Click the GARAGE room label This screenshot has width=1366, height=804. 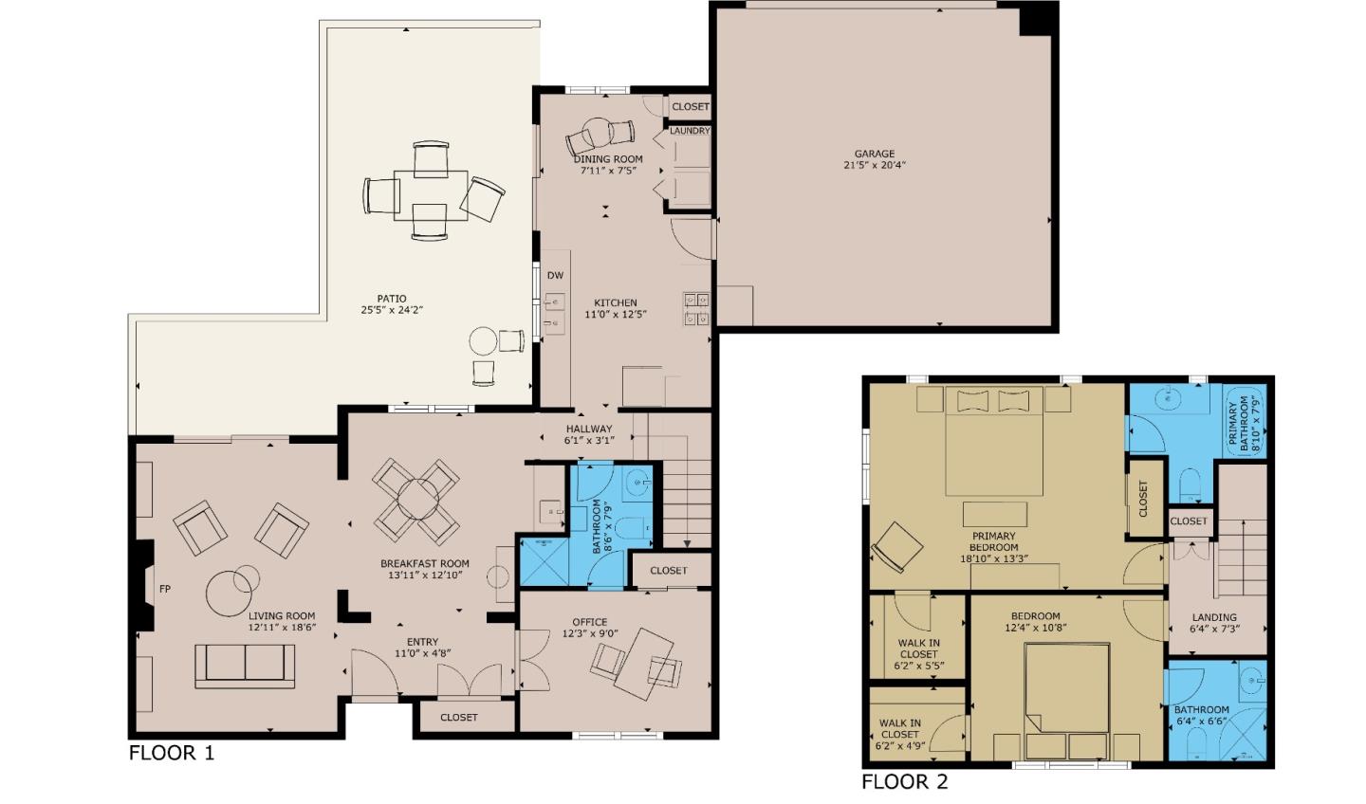(875, 154)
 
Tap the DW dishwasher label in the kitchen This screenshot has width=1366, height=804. (555, 276)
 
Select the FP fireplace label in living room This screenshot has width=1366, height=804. (165, 589)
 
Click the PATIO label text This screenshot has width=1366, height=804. (392, 299)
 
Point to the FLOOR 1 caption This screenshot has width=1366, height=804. (172, 753)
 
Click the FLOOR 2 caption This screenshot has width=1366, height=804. (905, 781)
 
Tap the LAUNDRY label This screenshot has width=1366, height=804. (691, 131)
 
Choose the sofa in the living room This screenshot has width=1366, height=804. (245, 666)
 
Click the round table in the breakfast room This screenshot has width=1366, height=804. (417, 500)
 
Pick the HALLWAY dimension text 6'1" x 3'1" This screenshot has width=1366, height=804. (589, 440)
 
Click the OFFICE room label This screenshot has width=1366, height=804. (590, 622)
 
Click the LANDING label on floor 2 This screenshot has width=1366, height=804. (1214, 617)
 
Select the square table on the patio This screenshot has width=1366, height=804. (431, 195)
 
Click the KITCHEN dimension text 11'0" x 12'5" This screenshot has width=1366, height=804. (616, 315)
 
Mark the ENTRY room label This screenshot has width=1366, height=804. (422, 641)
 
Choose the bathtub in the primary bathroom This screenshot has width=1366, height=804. (1246, 422)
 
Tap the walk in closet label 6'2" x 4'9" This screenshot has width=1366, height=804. (900, 745)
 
